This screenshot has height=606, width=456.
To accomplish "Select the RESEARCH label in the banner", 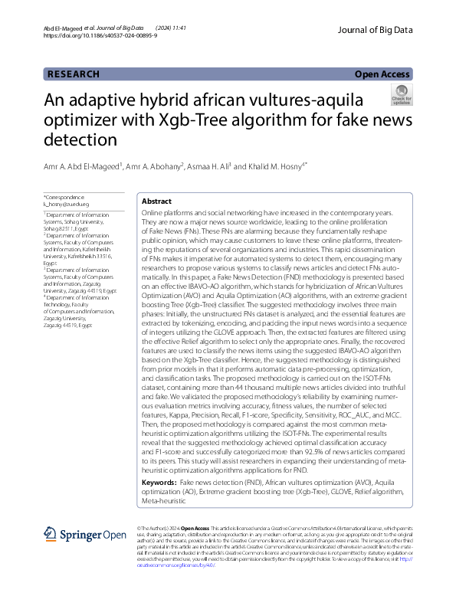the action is [x=74, y=74].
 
